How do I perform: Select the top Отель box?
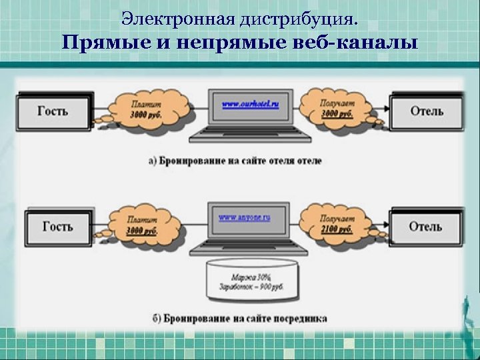click(x=426, y=111)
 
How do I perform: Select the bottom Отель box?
click(x=425, y=227)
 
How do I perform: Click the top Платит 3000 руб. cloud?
click(x=145, y=109)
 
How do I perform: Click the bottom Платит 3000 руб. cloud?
click(x=145, y=225)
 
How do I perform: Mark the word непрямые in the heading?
click(x=223, y=43)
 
